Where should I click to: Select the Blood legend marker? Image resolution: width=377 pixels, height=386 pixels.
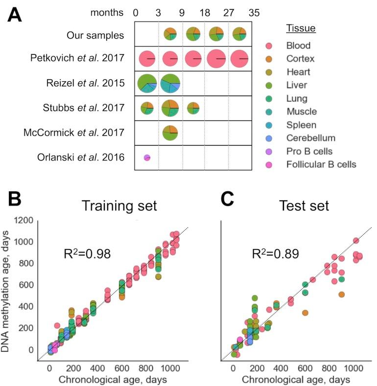pos(269,46)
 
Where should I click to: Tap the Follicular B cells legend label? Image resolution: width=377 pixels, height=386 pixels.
pos(321,165)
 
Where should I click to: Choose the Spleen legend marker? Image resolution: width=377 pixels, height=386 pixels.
pos(269,125)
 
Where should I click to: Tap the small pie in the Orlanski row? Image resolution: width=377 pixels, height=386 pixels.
pos(147,157)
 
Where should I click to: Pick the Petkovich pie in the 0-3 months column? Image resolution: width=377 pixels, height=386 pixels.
pos(147,59)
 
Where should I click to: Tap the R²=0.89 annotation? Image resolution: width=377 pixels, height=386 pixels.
pos(272,254)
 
